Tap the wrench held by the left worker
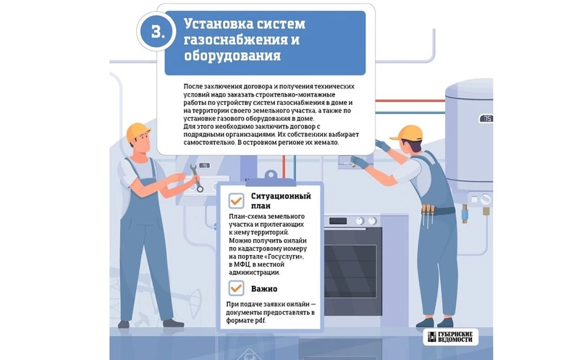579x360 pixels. [x=196, y=178]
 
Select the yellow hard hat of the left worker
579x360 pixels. [x=138, y=132]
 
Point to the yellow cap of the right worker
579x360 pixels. [x=407, y=133]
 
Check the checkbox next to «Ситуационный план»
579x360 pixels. [x=236, y=201]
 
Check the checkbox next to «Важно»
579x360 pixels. [x=236, y=288]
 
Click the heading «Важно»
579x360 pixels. [x=264, y=289]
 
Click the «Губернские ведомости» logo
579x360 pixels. [x=450, y=337]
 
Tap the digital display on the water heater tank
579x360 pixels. [x=486, y=119]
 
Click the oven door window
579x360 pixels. [x=350, y=271]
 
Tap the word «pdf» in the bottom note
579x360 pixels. [x=260, y=321]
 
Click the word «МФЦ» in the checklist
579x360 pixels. [x=240, y=264]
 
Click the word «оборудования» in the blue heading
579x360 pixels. [x=232, y=56]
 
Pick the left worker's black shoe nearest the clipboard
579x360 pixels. [x=173, y=323]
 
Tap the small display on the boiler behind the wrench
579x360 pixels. [x=204, y=166]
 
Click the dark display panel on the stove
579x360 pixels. [x=338, y=221]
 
